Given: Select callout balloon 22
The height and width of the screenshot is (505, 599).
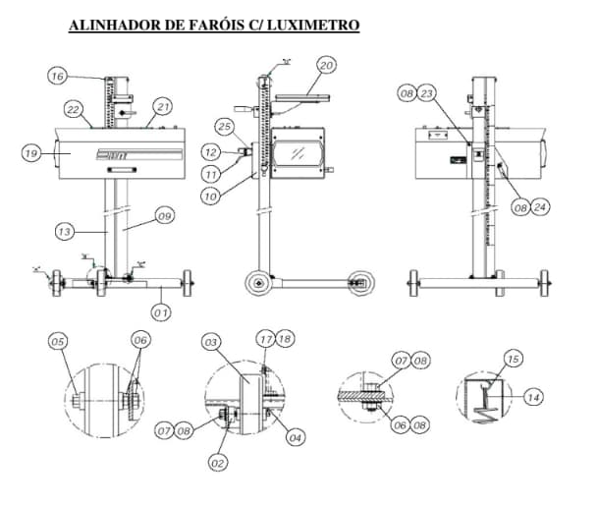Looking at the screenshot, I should (74, 108).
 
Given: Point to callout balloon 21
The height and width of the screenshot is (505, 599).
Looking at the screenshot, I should (163, 106).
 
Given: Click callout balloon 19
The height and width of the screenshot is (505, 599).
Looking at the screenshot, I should (30, 152).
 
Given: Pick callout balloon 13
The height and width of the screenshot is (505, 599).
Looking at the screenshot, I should (64, 232).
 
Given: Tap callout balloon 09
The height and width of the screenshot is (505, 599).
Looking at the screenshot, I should (164, 216).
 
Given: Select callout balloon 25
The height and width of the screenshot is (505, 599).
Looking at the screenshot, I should (224, 128).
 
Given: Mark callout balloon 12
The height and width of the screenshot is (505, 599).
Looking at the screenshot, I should (211, 151).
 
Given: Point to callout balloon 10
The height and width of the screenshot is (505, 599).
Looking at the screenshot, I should (212, 196).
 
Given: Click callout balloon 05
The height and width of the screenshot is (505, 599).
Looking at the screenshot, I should (58, 341).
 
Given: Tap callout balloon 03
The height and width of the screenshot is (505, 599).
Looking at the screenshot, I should (210, 341).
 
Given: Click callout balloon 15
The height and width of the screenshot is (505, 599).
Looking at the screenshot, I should (512, 357).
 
